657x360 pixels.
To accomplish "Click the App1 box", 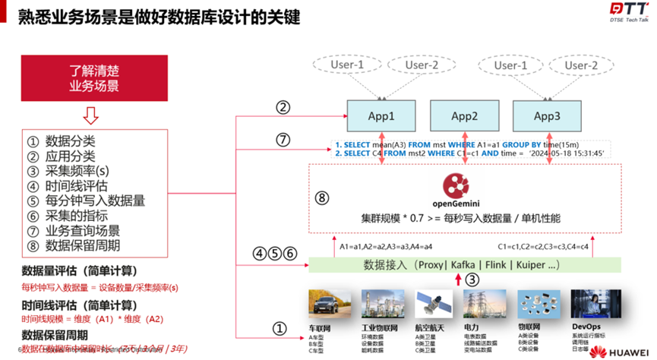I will click(x=381, y=116).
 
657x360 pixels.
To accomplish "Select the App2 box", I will click(x=464, y=116).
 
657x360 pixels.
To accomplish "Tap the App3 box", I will click(x=546, y=116).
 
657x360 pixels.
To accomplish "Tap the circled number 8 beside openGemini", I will click(x=322, y=198).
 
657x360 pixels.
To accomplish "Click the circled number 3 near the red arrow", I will click(x=472, y=279).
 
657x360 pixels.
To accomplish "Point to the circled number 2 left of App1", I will click(x=283, y=108).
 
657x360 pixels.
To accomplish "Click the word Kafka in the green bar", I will click(x=463, y=264).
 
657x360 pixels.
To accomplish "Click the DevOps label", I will click(x=586, y=327).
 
